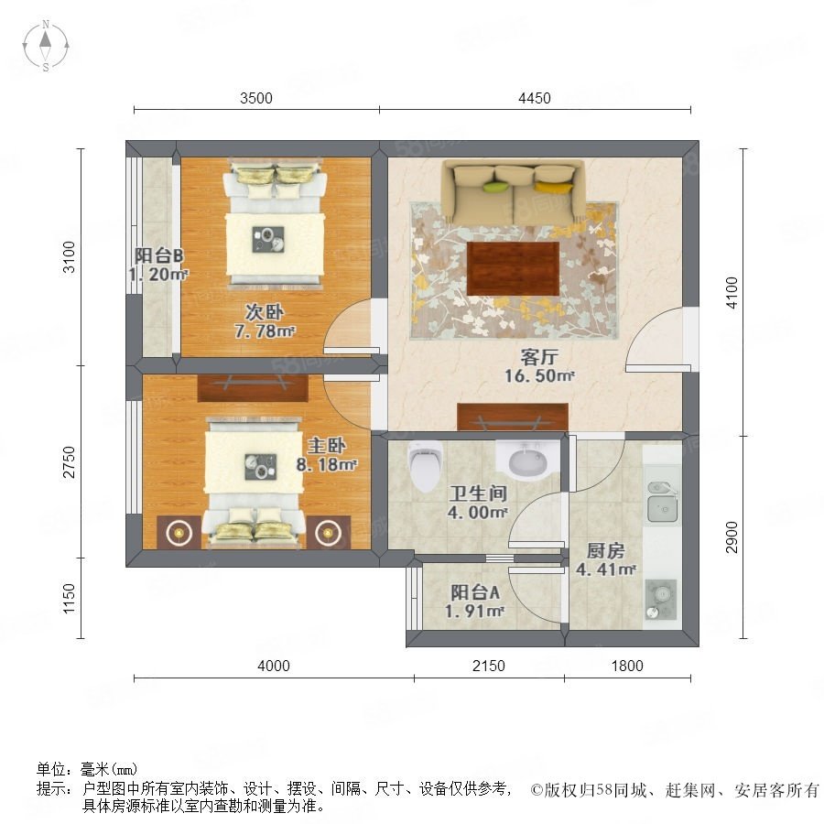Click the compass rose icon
point(46,46)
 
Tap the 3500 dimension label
point(256,98)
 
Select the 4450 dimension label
point(535,98)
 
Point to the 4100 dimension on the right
point(732,293)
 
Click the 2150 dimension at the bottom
point(489,666)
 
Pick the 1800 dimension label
point(627,666)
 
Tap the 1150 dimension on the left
point(69,598)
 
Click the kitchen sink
point(662,503)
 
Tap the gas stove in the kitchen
point(660,599)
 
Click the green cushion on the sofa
point(495,186)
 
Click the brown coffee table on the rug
point(513,268)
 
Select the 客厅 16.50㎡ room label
point(539,366)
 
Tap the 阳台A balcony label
point(475,592)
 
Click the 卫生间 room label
point(478,493)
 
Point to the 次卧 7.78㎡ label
point(265,321)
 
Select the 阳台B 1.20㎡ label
point(157,265)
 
